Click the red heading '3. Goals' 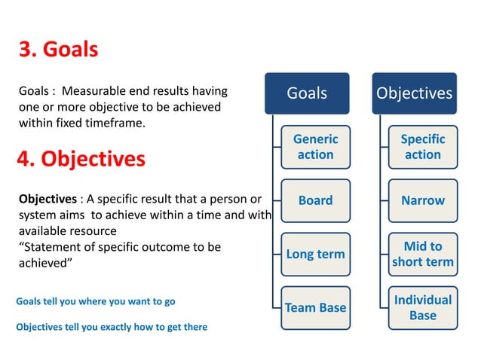point(58,50)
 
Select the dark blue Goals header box point(307,93)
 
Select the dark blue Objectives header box point(414,93)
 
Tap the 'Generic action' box point(315,147)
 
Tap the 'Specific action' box point(422,147)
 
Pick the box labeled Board point(315,200)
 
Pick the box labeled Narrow point(422,200)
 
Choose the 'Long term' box point(315,254)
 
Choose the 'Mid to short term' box point(422,254)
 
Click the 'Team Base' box point(315,307)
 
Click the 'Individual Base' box point(422,307)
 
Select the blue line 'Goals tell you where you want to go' point(96,301)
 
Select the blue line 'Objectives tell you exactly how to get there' point(112,327)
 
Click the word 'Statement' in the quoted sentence point(50,247)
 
